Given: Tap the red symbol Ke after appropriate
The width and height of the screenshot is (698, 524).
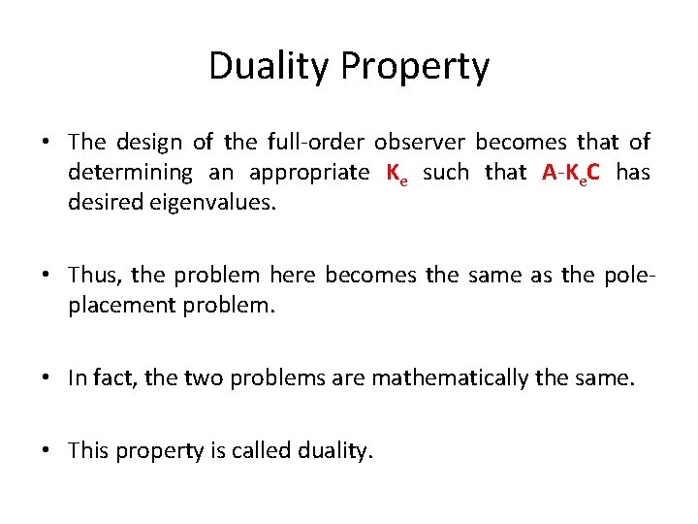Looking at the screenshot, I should (x=394, y=174).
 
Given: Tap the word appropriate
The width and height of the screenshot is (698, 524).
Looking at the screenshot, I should (x=308, y=175).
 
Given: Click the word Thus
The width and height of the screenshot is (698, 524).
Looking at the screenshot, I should (x=90, y=276).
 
